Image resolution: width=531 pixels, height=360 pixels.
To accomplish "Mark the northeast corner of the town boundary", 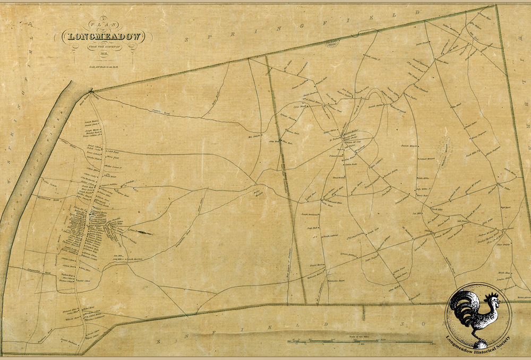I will (495, 6).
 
